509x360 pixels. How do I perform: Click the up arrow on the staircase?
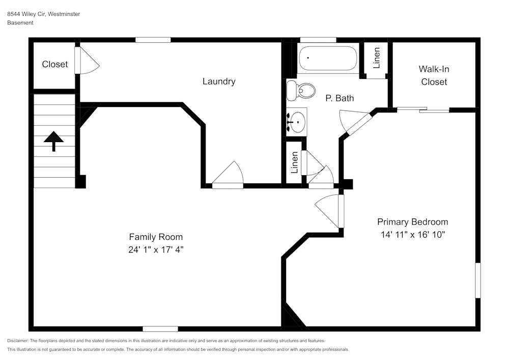[53, 141]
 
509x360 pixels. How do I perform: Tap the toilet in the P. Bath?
[300, 91]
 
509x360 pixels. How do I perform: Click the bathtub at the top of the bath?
[328, 59]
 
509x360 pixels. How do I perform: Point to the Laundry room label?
[219, 81]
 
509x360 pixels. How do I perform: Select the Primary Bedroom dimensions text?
[412, 234]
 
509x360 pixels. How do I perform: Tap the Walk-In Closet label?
[434, 75]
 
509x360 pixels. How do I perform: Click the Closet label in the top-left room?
[54, 64]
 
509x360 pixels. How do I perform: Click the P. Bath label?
[340, 98]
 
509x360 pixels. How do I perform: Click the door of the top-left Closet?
[85, 61]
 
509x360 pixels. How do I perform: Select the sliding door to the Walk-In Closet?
[423, 109]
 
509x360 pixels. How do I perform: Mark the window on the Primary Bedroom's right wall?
[477, 280]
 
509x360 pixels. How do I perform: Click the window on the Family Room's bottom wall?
[160, 329]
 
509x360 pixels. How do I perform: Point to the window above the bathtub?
[318, 40]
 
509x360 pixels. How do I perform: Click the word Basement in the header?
[20, 23]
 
